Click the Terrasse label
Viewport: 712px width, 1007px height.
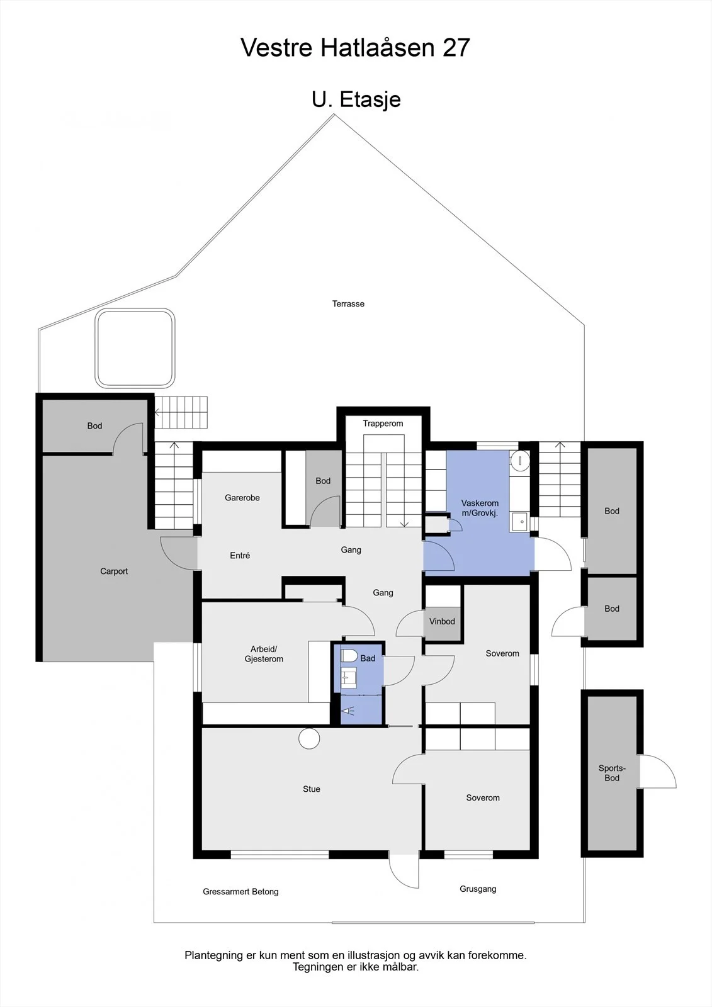(348, 304)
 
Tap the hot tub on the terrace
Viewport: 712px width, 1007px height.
(135, 348)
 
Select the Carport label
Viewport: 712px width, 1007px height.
(114, 571)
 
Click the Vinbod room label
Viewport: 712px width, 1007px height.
(442, 621)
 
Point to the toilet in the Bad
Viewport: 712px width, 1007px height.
(349, 655)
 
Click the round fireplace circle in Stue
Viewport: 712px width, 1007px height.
(309, 738)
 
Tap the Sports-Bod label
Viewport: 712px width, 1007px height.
(612, 774)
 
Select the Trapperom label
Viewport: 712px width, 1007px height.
(383, 424)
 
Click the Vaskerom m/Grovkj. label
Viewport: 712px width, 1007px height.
(480, 508)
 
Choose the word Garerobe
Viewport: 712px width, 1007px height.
(242, 498)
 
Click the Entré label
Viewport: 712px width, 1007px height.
(240, 556)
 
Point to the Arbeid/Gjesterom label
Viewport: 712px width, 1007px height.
(264, 654)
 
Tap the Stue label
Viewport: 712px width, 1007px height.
(311, 789)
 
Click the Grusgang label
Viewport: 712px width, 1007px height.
(478, 889)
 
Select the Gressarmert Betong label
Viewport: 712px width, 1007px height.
(240, 891)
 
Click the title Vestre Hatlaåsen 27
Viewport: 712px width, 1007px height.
(355, 48)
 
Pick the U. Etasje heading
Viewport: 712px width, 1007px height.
(356, 99)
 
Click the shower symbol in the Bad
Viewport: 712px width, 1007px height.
(348, 711)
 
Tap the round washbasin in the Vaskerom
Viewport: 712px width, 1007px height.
(520, 461)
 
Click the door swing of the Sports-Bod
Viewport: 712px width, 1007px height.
(658, 771)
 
